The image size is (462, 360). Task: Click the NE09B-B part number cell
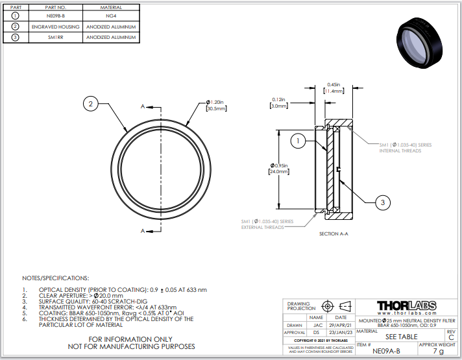point(55,16)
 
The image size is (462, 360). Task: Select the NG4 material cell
point(112,16)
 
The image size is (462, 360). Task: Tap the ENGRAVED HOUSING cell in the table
point(55,27)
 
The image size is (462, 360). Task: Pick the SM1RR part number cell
point(55,38)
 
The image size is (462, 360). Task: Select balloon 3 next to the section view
point(383,202)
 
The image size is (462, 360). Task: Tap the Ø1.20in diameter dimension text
point(215,106)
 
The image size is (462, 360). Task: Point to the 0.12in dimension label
point(279,102)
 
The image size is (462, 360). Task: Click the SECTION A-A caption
point(335,234)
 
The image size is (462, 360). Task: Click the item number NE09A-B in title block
point(386,352)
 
